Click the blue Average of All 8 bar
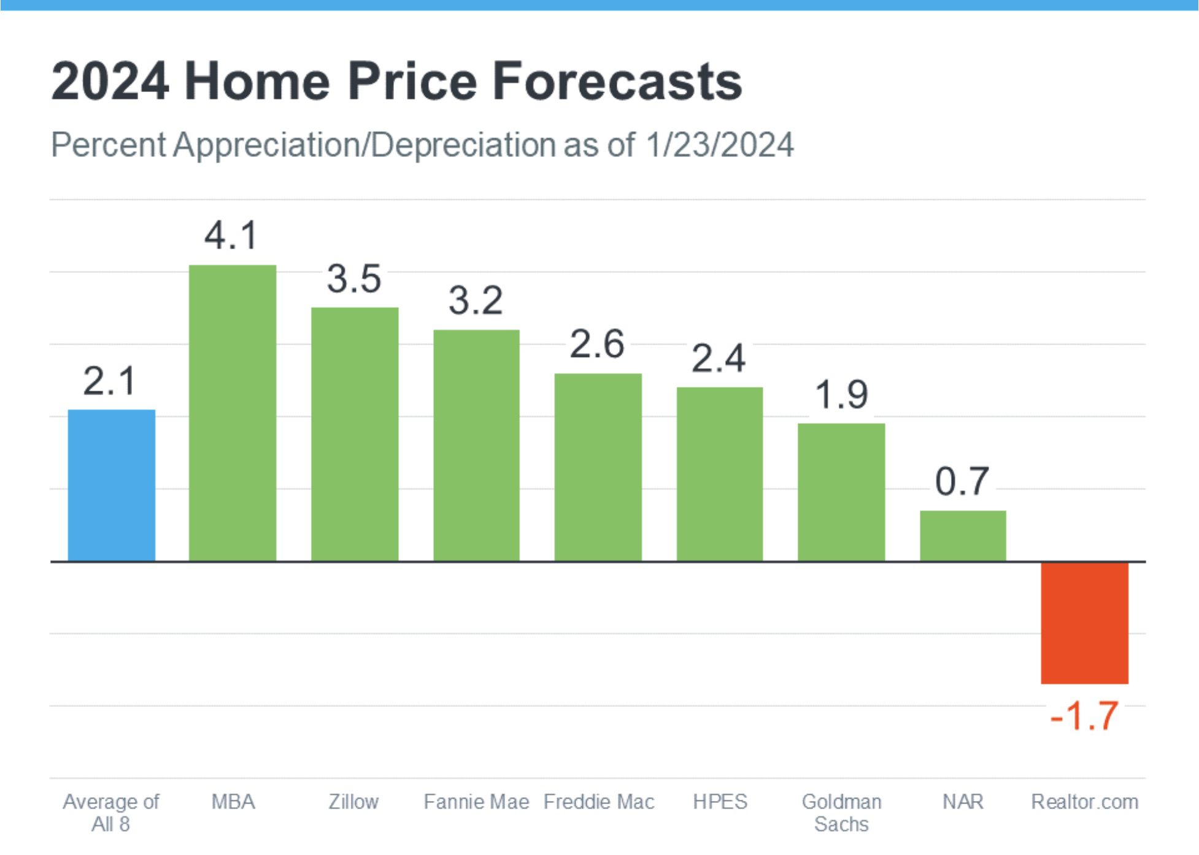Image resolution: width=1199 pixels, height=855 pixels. (111, 485)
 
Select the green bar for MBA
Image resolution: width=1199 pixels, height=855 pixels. (232, 413)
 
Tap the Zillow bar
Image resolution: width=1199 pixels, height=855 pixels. (355, 434)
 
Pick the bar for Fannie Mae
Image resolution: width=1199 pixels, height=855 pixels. (476, 445)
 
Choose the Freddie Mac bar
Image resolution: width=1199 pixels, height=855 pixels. (598, 467)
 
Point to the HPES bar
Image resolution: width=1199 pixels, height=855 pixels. (720, 474)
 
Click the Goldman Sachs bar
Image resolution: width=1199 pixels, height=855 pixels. (841, 492)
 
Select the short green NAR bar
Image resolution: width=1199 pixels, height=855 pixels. (963, 535)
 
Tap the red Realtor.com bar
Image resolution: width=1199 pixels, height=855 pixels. (1084, 623)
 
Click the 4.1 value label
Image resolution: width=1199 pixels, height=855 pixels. (231, 236)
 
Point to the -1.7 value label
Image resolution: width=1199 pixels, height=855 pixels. (1084, 716)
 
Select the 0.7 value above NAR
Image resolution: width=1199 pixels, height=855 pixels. (962, 481)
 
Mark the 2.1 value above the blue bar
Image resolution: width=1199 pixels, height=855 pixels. (110, 381)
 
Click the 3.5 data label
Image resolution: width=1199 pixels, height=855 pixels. (354, 279)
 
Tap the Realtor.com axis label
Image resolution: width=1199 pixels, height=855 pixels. (1084, 802)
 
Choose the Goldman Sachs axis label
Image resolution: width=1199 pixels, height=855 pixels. (841, 813)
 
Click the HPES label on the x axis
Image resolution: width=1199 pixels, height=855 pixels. (720, 802)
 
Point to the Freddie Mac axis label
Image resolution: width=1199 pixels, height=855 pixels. (599, 802)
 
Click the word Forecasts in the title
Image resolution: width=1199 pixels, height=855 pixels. (617, 82)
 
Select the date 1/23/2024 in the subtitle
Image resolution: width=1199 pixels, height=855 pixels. (719, 145)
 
